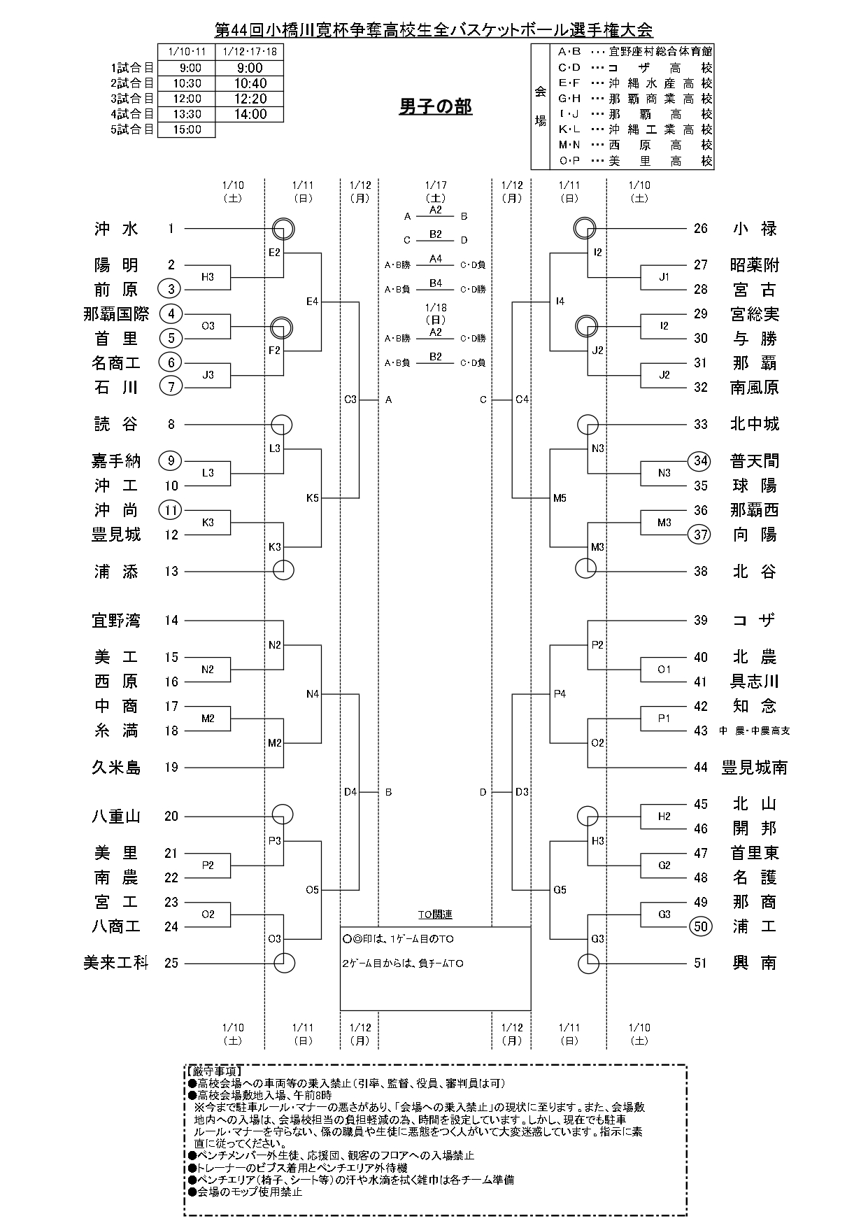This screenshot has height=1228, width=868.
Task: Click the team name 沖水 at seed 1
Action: click(117, 229)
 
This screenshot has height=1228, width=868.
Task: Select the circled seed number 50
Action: click(701, 926)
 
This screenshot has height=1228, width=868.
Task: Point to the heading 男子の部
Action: click(435, 106)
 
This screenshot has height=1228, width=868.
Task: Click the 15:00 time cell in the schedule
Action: click(186, 129)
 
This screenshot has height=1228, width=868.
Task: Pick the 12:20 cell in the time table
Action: click(250, 99)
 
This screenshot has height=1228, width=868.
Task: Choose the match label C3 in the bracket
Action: click(350, 400)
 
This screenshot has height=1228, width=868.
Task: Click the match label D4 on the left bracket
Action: click(350, 792)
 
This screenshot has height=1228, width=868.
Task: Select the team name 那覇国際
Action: click(116, 314)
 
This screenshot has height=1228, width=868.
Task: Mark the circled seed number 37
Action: click(701, 535)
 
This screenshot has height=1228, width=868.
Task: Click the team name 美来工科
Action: click(116, 963)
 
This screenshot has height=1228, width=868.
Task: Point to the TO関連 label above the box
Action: click(435, 915)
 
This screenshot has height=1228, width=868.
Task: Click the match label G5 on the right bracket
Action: click(560, 890)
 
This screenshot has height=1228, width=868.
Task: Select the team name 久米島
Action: click(116, 768)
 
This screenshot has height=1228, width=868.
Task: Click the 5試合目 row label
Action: click(131, 129)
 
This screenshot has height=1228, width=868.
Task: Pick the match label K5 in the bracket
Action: click(312, 498)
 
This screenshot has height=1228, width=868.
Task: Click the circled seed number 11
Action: click(171, 510)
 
